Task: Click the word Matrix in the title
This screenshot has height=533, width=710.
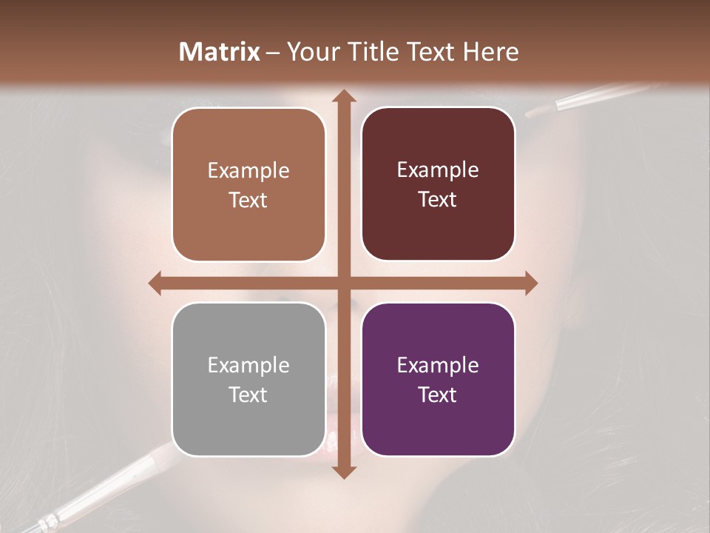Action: coord(220,52)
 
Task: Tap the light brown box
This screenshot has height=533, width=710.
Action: coord(248,185)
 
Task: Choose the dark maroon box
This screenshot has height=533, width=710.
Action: coord(438,184)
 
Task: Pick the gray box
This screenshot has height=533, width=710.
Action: coord(248,379)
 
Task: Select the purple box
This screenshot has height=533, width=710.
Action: coord(438,379)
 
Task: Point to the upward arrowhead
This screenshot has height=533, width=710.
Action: coord(343,97)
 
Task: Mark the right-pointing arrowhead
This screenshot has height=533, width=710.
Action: coord(530,283)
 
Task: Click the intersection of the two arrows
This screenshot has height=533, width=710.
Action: coord(343,283)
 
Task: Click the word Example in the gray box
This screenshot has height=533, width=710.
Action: coord(248,365)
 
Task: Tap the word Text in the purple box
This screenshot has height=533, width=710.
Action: coord(438,395)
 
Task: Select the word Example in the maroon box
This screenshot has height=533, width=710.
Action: coord(438,170)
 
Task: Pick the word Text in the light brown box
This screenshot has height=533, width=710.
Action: coord(248,200)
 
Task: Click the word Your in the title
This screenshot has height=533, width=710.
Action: coord(310,52)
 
